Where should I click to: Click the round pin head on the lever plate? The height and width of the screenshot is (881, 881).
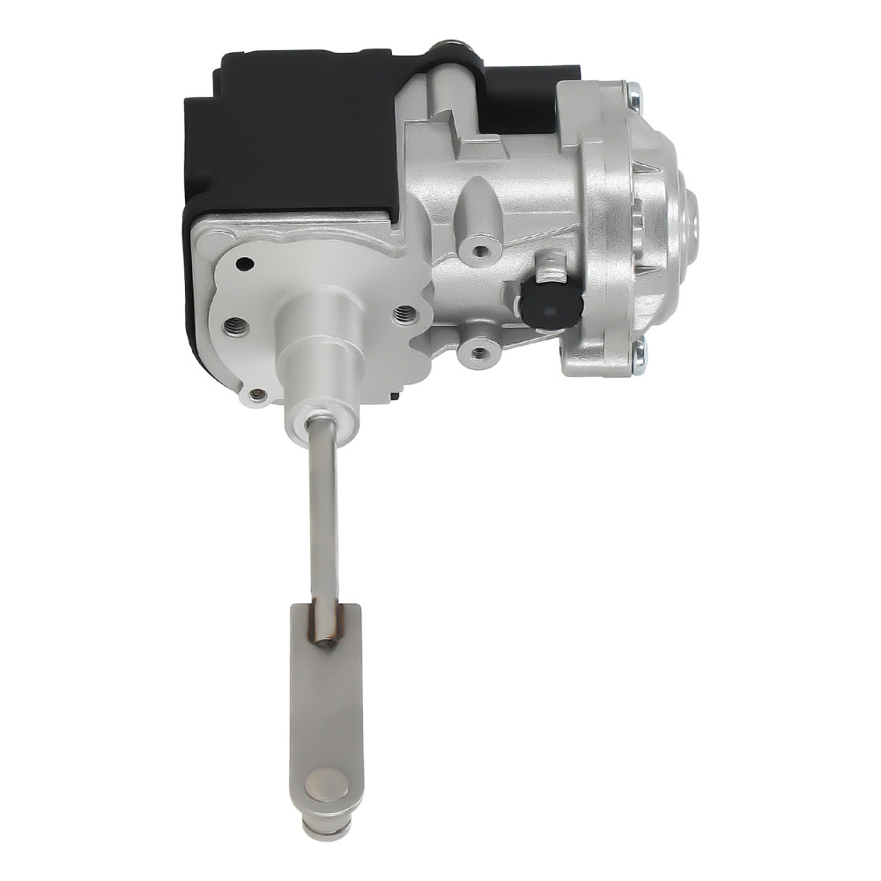click(x=325, y=786)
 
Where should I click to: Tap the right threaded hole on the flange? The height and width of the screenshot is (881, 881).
click(x=404, y=313)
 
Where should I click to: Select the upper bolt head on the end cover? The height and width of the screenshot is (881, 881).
click(x=633, y=89)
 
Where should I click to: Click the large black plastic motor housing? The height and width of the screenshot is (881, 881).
click(x=282, y=132)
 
